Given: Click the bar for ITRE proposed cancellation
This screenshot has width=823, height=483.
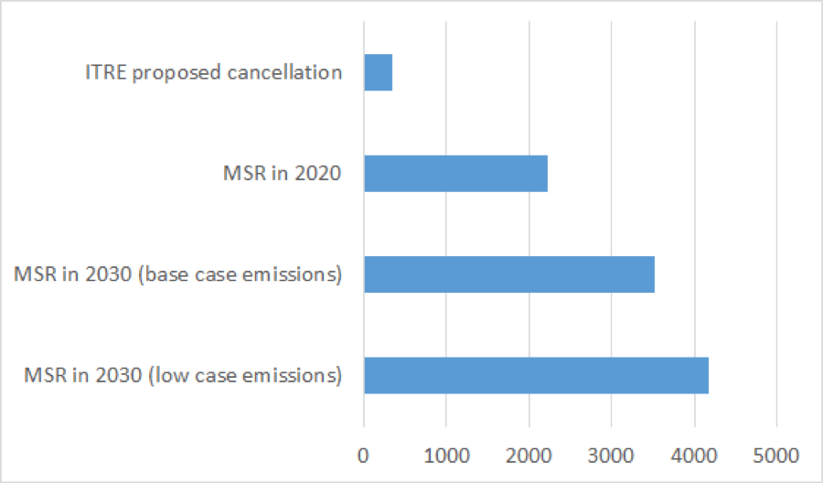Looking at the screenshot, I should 378,72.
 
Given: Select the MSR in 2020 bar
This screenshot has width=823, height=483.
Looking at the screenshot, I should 455,173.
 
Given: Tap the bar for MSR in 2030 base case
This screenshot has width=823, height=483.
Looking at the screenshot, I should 508,274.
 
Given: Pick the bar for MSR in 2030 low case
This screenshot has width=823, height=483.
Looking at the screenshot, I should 536,375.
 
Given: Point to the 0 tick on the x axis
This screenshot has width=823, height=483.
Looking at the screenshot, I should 364,455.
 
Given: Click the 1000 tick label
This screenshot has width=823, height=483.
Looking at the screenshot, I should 446,455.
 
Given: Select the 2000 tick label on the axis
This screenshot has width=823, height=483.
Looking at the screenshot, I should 529,455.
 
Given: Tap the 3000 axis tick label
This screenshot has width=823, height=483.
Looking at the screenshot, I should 611,455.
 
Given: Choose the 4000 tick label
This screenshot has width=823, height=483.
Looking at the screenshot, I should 694,455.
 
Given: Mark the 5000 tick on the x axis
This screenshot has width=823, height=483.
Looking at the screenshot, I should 776,455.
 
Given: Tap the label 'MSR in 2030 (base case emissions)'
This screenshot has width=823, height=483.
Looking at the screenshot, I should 178,274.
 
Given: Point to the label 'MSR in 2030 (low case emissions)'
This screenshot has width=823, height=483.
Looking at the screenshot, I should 183,375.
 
